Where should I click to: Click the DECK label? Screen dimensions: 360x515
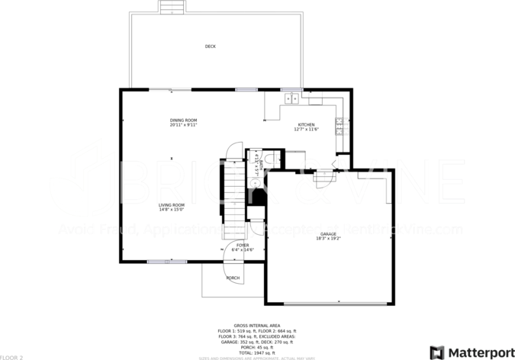pos(210,47)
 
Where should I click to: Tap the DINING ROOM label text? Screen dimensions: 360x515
pos(183,120)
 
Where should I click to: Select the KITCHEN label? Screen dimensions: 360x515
pos(306,124)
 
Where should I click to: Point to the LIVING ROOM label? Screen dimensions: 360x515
pos(172,204)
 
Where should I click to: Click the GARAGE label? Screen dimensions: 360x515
pos(328,233)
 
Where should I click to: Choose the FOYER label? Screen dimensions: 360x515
pos(242,245)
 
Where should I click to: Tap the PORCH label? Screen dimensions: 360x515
pos(233,278)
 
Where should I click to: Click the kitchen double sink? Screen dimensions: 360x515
pos(291,97)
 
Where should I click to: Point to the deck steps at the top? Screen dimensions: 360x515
pos(172,7)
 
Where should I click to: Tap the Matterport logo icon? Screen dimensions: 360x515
pos(436,352)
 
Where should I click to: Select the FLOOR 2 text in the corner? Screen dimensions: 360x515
pos(11,356)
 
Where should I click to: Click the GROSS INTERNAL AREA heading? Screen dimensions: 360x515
pos(256,324)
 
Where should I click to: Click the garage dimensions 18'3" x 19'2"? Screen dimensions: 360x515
pos(328,239)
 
